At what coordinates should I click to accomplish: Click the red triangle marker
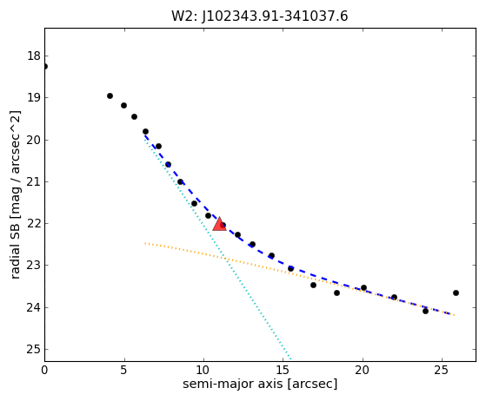coord(219,224)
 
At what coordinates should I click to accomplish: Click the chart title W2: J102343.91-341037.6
coord(260,16)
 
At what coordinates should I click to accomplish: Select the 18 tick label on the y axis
coord(34,56)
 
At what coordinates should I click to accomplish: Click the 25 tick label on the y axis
coord(34,349)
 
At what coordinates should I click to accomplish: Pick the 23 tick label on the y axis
coord(34,266)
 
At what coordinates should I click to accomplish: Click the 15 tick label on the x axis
coord(283,370)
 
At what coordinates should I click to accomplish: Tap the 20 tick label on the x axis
coord(362,370)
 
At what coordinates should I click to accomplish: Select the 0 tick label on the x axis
coord(44,370)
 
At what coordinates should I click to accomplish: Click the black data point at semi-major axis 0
coord(45,67)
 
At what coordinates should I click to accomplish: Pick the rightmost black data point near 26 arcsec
coord(456,293)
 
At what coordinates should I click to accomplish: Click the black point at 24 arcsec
coord(425,311)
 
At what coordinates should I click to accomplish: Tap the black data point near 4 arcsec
coord(110,96)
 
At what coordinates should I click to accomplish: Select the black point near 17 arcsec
coord(313,285)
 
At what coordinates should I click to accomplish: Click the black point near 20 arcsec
coord(364,288)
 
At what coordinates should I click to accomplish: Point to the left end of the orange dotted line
coord(145,243)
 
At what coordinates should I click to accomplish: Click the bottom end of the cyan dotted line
coord(290,359)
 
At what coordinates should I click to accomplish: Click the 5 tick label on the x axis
coord(123,370)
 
